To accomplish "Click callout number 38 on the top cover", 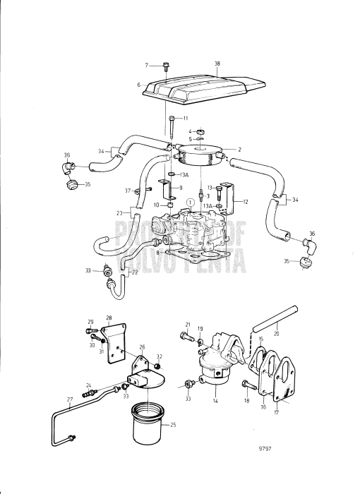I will [217, 64].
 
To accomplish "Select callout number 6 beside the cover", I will [139, 84].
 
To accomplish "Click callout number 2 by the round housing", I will [239, 150].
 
